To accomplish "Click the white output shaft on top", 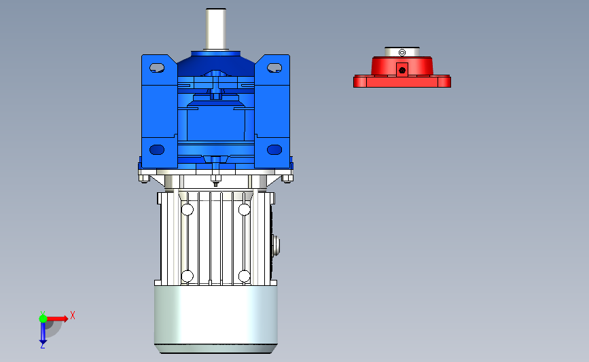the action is [x=215, y=29].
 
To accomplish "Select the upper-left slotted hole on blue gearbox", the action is [x=157, y=68].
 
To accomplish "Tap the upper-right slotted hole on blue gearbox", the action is [x=274, y=68].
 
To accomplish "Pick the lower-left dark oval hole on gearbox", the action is [x=157, y=150].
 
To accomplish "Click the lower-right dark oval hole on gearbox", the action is [x=274, y=150].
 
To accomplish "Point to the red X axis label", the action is [x=73, y=315].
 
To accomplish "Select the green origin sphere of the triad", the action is [x=43, y=319].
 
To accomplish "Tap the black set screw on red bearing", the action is [x=402, y=70].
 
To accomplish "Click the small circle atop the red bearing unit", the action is [x=402, y=52].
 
